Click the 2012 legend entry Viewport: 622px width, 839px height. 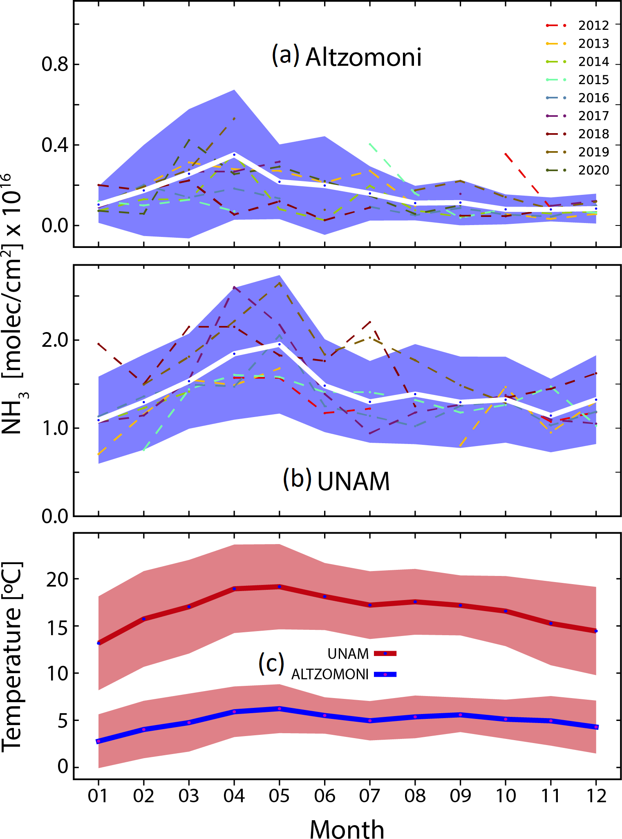(x=593, y=25)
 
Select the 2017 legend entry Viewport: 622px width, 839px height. (x=593, y=116)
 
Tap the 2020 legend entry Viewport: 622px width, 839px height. (x=593, y=170)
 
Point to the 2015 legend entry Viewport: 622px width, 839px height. (x=593, y=80)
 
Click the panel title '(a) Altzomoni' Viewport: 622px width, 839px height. (x=347, y=56)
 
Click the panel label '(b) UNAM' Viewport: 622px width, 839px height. (x=336, y=480)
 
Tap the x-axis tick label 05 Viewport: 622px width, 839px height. (x=280, y=796)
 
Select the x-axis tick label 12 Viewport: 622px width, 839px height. (x=596, y=796)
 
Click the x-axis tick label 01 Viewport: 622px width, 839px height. (x=98, y=796)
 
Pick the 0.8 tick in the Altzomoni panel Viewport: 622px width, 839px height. (x=54, y=64)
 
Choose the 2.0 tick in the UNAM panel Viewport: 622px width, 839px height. (x=54, y=340)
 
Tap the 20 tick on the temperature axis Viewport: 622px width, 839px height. (x=57, y=579)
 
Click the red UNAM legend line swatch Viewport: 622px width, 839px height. (x=385, y=654)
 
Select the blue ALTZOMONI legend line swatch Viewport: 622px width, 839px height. (x=385, y=674)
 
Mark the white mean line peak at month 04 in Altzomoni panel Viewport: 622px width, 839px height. (x=234, y=154)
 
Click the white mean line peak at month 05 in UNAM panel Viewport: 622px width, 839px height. (x=280, y=344)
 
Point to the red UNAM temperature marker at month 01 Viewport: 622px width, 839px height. (x=98, y=643)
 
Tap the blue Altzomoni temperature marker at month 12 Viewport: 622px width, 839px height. (x=596, y=727)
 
